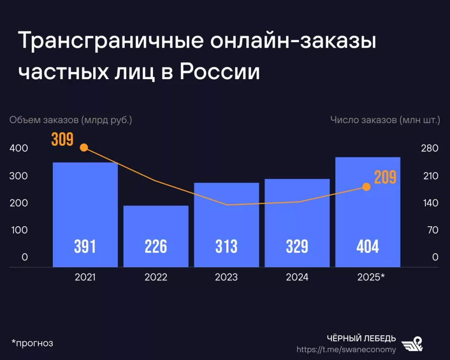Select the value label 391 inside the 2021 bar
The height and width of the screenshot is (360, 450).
[x=85, y=247]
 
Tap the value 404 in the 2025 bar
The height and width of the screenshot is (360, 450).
[x=367, y=247]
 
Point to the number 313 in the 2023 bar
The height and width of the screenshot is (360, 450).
[x=226, y=247]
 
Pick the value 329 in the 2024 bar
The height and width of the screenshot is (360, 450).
[x=297, y=247]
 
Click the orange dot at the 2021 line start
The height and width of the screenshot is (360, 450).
[x=84, y=148]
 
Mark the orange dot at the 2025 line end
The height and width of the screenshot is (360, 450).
[x=367, y=187]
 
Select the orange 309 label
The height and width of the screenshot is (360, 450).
[x=62, y=139]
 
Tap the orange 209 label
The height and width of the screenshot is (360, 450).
[x=385, y=177]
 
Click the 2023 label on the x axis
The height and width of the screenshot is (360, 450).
[x=226, y=277]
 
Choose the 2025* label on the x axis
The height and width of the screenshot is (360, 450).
[x=371, y=277]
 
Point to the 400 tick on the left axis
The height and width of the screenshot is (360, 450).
[x=18, y=149]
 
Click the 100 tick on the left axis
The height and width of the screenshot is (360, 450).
[x=18, y=230]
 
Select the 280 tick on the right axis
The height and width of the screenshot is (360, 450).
[x=429, y=149]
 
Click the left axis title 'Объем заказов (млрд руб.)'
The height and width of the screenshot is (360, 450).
[x=71, y=120]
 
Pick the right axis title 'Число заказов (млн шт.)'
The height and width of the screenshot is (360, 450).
[x=385, y=120]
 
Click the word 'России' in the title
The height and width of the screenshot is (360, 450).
[x=220, y=71]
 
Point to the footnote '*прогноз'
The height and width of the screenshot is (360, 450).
[x=32, y=343]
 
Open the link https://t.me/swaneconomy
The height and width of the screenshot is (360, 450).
[x=346, y=350]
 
